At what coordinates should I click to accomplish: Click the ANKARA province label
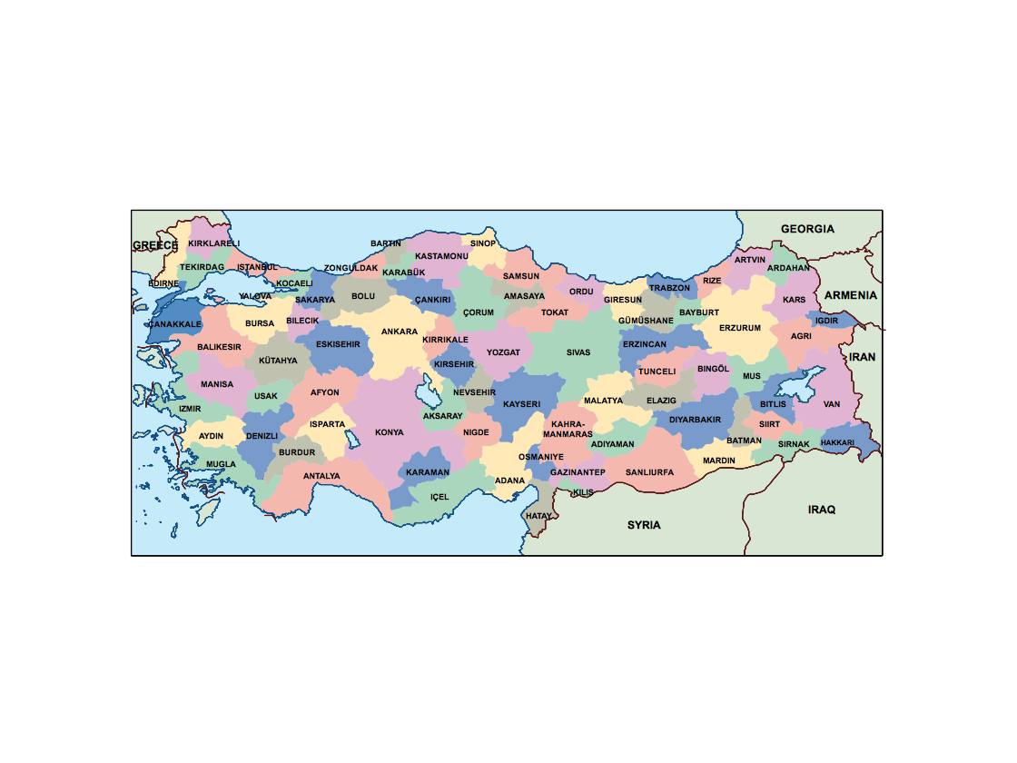click(x=400, y=332)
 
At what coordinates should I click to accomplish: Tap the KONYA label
click(x=390, y=432)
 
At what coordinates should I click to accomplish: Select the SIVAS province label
click(x=578, y=352)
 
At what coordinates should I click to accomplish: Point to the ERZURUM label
click(x=740, y=328)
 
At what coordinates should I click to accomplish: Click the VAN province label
click(x=832, y=404)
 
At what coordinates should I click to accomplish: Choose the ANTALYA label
click(x=321, y=476)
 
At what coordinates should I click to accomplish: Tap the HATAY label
click(x=538, y=516)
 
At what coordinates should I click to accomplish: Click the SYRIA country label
click(x=644, y=525)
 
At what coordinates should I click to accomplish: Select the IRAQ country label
click(x=822, y=510)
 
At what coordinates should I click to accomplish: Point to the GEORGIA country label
click(x=807, y=229)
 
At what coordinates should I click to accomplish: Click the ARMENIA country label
click(x=851, y=295)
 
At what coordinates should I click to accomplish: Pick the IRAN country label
click(x=863, y=357)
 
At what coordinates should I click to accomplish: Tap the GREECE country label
click(x=155, y=245)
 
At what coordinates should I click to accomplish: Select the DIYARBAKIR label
click(x=696, y=420)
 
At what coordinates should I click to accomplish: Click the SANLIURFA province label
click(x=649, y=472)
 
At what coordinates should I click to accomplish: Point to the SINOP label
click(x=483, y=243)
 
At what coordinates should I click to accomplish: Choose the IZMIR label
click(x=190, y=409)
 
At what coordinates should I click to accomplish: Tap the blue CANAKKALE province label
click(x=175, y=323)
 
